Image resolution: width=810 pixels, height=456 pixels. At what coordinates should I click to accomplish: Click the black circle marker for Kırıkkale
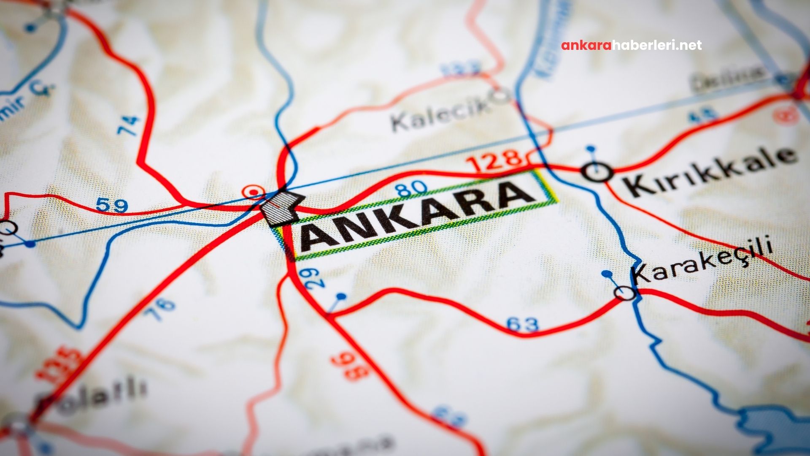point(597,172)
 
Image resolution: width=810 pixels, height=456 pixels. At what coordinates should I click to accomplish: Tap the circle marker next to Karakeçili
point(625,293)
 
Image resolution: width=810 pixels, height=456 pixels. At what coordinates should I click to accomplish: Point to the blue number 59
point(111,206)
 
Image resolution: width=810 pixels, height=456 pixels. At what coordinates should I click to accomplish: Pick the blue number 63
point(523,324)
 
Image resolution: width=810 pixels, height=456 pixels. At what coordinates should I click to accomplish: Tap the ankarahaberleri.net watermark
point(631,45)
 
